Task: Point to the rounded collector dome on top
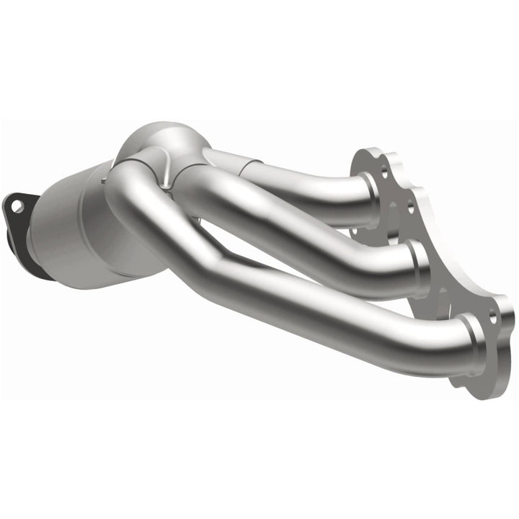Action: [x=162, y=141]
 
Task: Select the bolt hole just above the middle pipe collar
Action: [x=409, y=209]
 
